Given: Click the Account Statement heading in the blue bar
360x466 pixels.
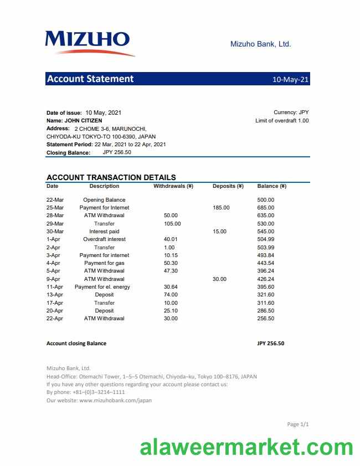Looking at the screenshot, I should [x=90, y=79].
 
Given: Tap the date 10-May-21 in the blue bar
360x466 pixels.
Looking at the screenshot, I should [x=290, y=79].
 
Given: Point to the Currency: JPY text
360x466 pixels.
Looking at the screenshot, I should [x=291, y=112].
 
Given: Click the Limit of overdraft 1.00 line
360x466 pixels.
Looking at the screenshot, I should [x=282, y=120].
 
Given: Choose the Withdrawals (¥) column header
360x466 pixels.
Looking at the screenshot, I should [x=173, y=186].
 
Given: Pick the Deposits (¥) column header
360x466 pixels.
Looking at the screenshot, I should [x=228, y=186].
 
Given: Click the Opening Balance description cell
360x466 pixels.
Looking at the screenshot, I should [x=104, y=199].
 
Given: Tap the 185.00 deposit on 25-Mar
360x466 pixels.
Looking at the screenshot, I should [x=221, y=208].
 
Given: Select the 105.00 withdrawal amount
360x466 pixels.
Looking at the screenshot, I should [x=172, y=223].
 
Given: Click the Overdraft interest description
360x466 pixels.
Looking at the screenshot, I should [x=104, y=239].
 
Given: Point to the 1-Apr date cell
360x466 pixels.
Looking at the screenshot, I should [x=53, y=239].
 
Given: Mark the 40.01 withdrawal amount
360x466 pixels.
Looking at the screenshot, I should [x=171, y=239].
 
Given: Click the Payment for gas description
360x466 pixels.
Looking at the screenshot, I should [x=104, y=263].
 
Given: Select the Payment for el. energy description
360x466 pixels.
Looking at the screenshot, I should [x=102, y=287].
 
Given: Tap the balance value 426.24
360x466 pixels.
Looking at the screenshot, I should [x=266, y=279].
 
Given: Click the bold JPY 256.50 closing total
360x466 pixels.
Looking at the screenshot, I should [x=271, y=344].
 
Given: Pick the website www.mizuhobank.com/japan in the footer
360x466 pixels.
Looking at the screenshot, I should [x=115, y=400].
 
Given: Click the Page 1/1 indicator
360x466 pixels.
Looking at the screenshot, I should [x=297, y=424].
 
